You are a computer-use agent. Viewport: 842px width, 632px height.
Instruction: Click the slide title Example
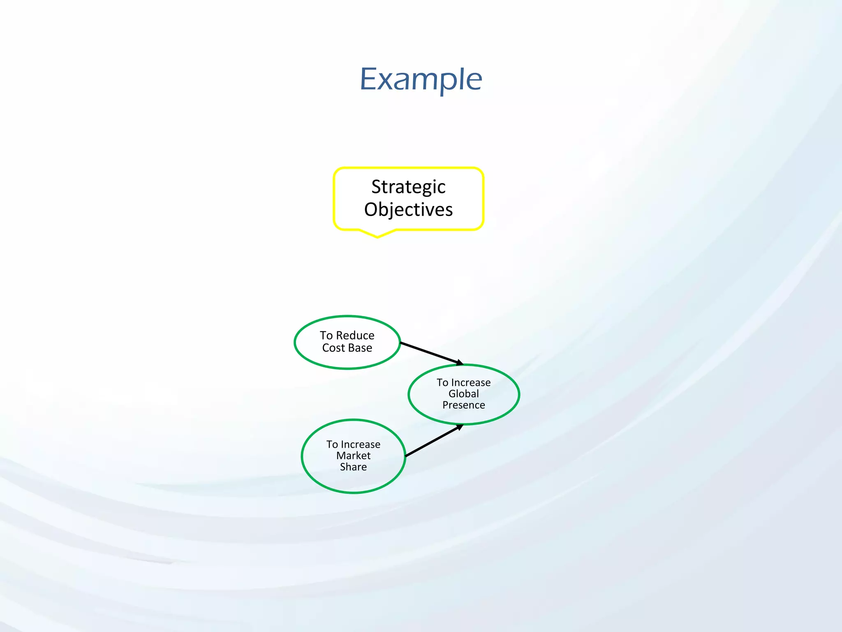(421, 79)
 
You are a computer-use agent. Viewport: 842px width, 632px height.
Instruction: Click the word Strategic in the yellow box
(408, 187)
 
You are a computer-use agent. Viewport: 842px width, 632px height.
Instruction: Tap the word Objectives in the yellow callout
(408, 209)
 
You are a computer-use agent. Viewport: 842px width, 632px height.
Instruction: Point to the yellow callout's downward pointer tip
(377, 237)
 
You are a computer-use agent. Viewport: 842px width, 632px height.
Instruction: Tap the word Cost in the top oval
(333, 348)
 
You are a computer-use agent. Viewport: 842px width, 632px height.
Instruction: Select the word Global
(464, 394)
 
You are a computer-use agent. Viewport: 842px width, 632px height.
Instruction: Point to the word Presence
(464, 405)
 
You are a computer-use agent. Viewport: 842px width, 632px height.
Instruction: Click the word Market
(354, 455)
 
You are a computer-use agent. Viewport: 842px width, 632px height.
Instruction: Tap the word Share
(354, 467)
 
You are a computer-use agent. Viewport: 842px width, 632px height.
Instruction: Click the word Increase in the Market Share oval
(361, 444)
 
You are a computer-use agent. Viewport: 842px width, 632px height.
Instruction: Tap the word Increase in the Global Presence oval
(471, 383)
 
